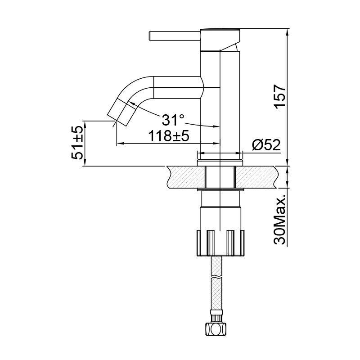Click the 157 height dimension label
pyautogui.click(x=280, y=96)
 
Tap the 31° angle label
pyautogui.click(x=173, y=120)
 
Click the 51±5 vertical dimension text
pyautogui.click(x=77, y=143)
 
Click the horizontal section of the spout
pyautogui.click(x=178, y=86)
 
